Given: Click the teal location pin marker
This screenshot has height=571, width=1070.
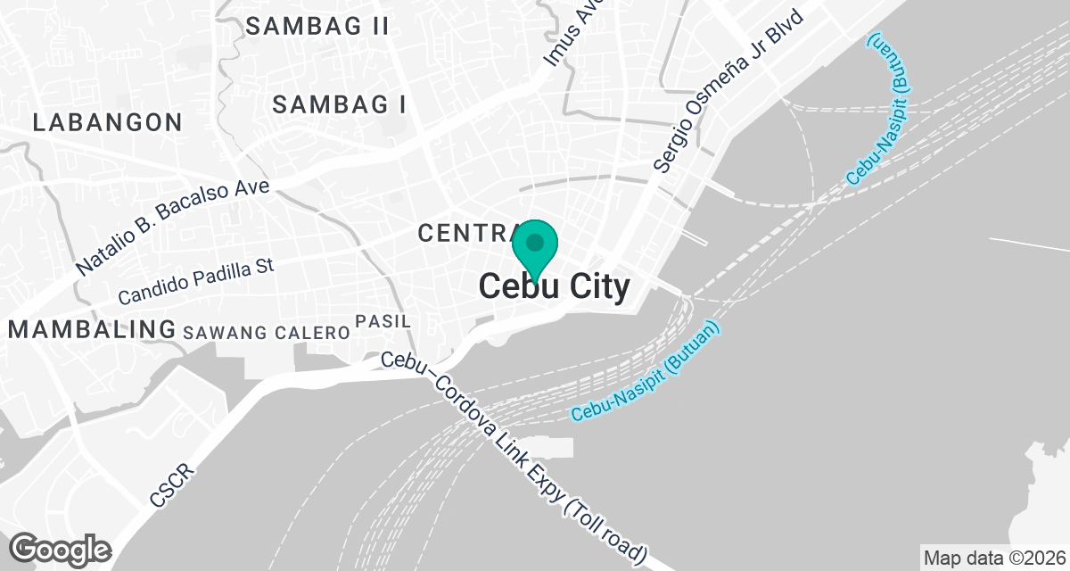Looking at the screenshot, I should (535, 246).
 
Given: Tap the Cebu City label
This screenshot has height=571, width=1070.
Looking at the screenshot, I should (555, 287).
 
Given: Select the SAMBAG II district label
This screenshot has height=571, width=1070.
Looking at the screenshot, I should (317, 27).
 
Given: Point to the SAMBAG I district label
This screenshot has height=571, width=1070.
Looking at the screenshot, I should (339, 104).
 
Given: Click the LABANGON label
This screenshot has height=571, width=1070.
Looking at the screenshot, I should (107, 122).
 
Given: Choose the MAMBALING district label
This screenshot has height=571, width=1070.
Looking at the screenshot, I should (92, 329).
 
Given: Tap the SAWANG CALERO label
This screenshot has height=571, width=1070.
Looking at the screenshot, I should (265, 333).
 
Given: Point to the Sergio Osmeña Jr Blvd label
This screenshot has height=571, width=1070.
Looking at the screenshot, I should (728, 91).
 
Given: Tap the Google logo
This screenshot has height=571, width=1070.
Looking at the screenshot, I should (61, 549).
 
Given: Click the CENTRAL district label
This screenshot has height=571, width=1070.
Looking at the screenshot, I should (464, 234).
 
